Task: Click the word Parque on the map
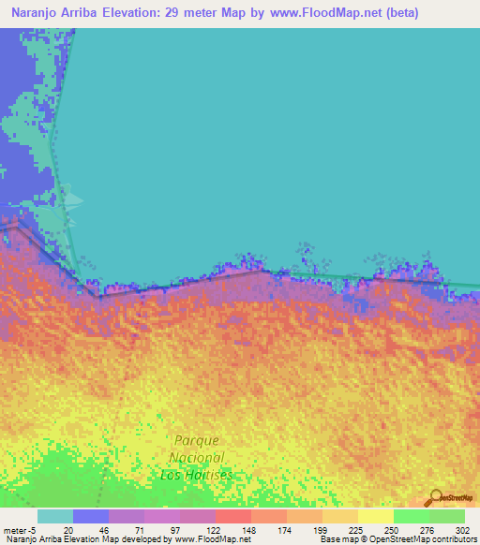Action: coord(197,440)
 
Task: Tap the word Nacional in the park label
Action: coord(197,457)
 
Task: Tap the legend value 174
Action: coord(284,529)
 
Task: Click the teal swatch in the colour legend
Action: coord(55,516)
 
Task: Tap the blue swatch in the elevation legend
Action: coord(91,516)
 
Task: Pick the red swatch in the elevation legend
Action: coord(233,516)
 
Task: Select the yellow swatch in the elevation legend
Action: coord(376,516)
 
